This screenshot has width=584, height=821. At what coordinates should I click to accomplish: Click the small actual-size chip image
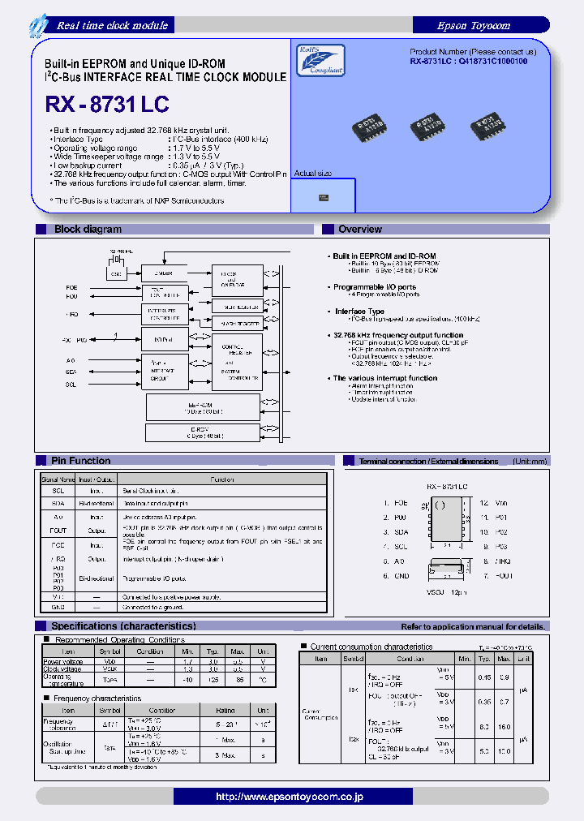tap(324, 196)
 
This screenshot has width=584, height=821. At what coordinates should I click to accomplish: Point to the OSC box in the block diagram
tap(116, 274)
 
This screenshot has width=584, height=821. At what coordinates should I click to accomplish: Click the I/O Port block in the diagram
tap(165, 339)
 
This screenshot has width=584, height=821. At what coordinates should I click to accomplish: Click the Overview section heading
tap(360, 230)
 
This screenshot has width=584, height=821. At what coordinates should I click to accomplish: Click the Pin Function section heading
tap(80, 461)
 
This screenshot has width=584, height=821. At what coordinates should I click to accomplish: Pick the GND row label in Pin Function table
tap(58, 607)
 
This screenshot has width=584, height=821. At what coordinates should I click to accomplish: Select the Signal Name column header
tap(58, 479)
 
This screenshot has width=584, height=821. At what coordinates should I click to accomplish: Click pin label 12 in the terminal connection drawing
tap(483, 503)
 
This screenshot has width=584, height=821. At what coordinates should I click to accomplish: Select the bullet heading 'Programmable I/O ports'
tap(374, 287)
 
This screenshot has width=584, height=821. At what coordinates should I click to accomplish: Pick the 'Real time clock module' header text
tap(112, 25)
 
